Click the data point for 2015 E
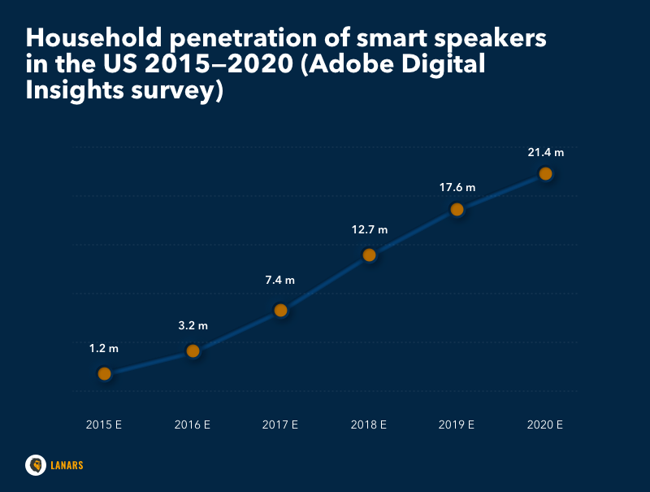(x=104, y=373)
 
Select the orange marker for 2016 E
(x=193, y=350)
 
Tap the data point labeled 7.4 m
(x=280, y=310)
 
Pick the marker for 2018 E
(x=369, y=255)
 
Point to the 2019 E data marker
(x=457, y=209)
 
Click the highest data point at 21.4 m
(x=545, y=173)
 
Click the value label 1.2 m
(x=104, y=348)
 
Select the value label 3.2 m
(x=193, y=325)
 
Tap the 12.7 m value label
(x=369, y=229)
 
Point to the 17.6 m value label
(x=457, y=187)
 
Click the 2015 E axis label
(x=104, y=425)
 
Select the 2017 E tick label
(x=280, y=425)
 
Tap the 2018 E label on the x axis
(x=369, y=425)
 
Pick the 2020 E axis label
(x=545, y=425)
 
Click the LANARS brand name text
(x=67, y=465)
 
